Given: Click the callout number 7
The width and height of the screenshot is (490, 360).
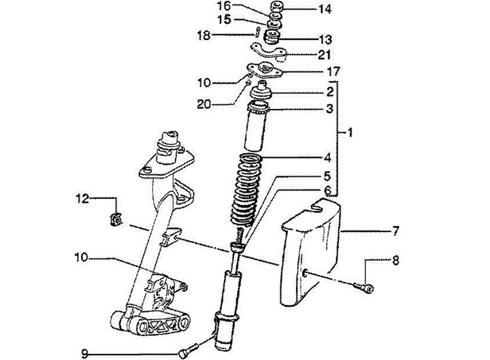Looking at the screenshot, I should (x=394, y=232).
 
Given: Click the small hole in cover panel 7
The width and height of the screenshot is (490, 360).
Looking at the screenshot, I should (x=305, y=274).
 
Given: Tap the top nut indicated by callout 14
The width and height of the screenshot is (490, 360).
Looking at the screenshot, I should (x=277, y=8).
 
